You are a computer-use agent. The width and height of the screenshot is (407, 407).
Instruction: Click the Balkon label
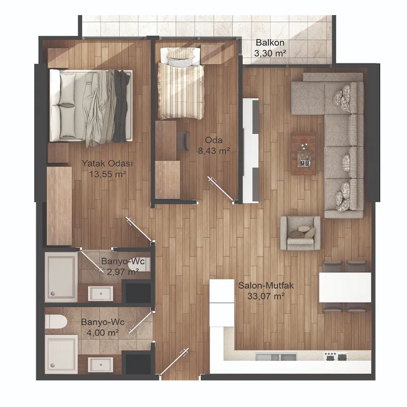270,43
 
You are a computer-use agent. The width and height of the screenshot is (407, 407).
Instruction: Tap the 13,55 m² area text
107,174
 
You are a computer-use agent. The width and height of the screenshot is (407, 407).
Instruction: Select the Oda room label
214,140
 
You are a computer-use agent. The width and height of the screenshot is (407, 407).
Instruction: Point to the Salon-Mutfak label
266,285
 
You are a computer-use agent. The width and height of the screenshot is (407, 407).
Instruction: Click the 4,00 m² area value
103,333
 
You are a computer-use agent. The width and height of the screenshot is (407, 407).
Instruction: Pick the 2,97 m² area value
123,272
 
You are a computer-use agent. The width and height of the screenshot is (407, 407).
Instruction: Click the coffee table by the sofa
303,154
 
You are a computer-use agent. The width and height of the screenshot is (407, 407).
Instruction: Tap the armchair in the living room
300,233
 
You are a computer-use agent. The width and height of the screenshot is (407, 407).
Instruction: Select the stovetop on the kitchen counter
335,356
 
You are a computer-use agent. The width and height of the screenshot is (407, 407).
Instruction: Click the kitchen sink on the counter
276,357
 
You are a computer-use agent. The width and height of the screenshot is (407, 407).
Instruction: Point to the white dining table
345,287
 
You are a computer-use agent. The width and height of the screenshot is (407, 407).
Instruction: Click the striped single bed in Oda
181,83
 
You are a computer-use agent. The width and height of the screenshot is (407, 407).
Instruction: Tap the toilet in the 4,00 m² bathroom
56,322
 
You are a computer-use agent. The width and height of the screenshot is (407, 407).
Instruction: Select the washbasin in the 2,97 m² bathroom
100,294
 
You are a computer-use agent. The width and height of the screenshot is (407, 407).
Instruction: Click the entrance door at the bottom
174,362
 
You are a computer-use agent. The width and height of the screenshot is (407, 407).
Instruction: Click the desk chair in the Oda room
183,141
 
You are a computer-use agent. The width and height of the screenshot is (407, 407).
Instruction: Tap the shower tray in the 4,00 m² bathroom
61,354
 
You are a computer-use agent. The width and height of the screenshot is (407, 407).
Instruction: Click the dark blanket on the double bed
122,106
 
